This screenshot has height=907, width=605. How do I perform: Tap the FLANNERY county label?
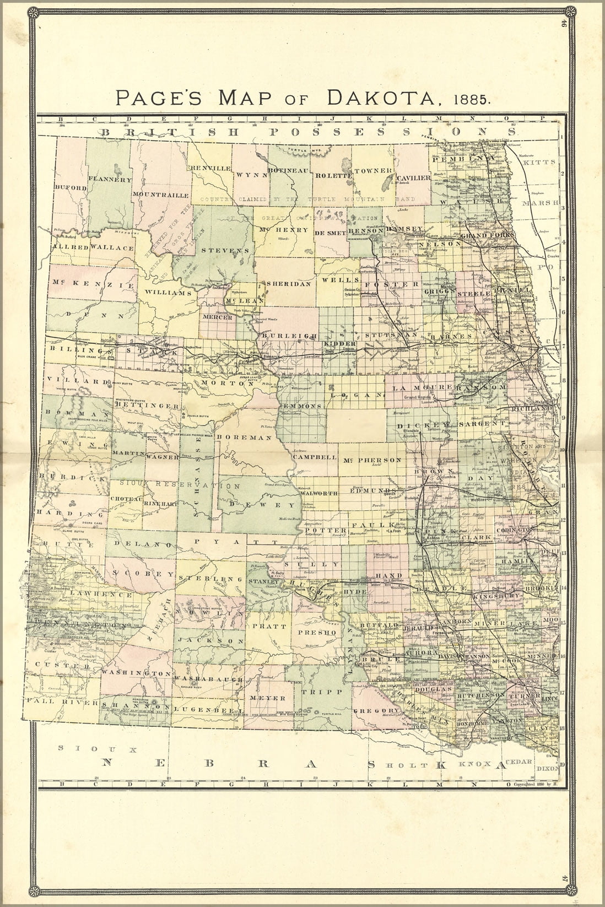[x=110, y=180]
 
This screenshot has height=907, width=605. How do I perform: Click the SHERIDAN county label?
[x=288, y=283]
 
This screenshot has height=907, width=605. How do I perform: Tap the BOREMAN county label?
[x=245, y=438]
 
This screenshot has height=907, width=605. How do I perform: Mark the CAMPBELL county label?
[x=315, y=457]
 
